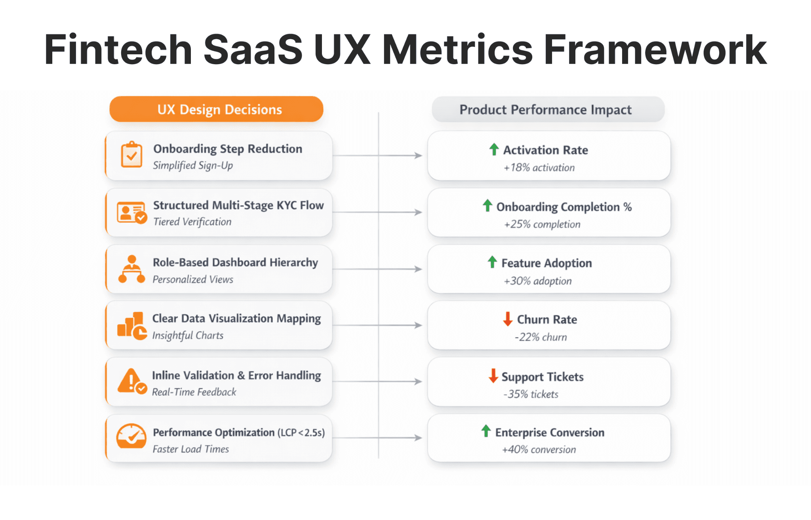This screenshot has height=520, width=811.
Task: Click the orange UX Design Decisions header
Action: tap(216, 109)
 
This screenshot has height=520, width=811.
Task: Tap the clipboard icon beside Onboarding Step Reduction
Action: tap(131, 155)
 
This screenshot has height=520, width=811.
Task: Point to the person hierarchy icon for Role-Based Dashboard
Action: tap(131, 269)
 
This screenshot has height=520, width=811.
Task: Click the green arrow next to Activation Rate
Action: tap(494, 149)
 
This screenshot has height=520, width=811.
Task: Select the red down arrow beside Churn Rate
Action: tap(507, 319)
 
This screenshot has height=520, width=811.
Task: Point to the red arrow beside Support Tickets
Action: tap(493, 376)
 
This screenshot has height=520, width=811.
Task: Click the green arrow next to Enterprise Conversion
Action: tap(486, 431)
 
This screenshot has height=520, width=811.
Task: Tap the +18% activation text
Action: tap(539, 168)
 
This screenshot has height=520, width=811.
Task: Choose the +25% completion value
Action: tap(542, 224)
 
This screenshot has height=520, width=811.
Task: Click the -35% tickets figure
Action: tap(531, 394)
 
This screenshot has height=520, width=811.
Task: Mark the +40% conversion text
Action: tap(539, 449)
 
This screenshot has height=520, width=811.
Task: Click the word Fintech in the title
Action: tap(118, 50)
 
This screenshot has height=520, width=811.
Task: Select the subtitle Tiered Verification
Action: tap(192, 222)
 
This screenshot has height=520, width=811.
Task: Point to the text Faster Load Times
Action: tap(190, 449)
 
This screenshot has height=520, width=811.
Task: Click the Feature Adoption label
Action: tap(546, 263)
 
